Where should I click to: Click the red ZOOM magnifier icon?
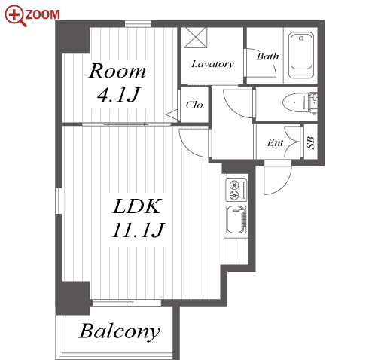tap(15, 16)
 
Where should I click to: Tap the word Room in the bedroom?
tap(117, 71)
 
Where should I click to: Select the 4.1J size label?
tap(118, 95)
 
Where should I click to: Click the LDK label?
tap(136, 206)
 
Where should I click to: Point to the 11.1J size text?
tap(138, 230)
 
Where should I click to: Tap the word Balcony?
tap(120, 331)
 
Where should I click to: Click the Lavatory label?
tap(212, 64)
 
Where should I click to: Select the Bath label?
tap(267, 56)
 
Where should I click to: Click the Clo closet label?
tap(194, 105)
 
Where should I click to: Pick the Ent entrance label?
tap(275, 142)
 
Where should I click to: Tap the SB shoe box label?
tap(311, 142)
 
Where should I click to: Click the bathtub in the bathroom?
tap(301, 55)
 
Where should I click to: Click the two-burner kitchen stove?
tap(236, 190)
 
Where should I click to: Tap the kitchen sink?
tap(236, 220)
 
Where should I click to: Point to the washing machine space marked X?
tap(195, 38)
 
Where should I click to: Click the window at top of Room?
tap(138, 24)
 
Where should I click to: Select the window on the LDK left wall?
tap(59, 201)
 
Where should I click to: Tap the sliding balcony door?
tap(127, 303)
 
